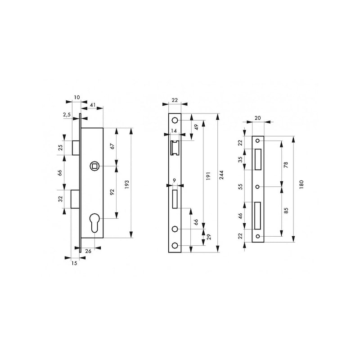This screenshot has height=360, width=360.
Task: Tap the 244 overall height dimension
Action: [221, 175]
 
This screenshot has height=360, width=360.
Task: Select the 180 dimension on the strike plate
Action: [301, 184]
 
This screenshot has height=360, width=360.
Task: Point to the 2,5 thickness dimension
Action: [67, 115]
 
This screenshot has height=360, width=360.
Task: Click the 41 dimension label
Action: [93, 105]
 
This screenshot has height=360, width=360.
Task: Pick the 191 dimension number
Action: [208, 175]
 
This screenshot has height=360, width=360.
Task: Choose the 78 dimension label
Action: [286, 165]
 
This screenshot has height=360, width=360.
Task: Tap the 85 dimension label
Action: [286, 211]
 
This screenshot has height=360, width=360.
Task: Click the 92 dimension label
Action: [112, 192]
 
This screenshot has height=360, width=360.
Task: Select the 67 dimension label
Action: [112, 146]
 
